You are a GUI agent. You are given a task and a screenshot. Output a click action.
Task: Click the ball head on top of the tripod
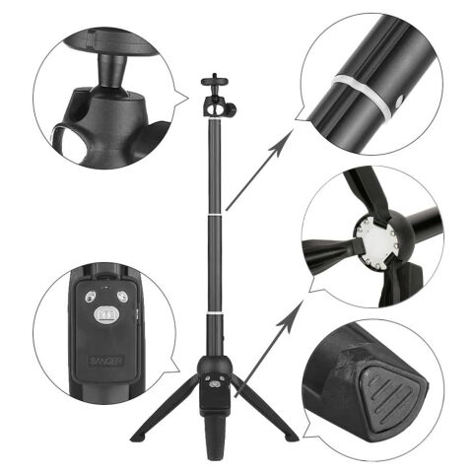[x=214, y=101]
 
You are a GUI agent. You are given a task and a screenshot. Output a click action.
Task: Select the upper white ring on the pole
[x=214, y=212]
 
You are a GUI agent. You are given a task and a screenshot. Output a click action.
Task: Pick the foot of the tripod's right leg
[x=291, y=435]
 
